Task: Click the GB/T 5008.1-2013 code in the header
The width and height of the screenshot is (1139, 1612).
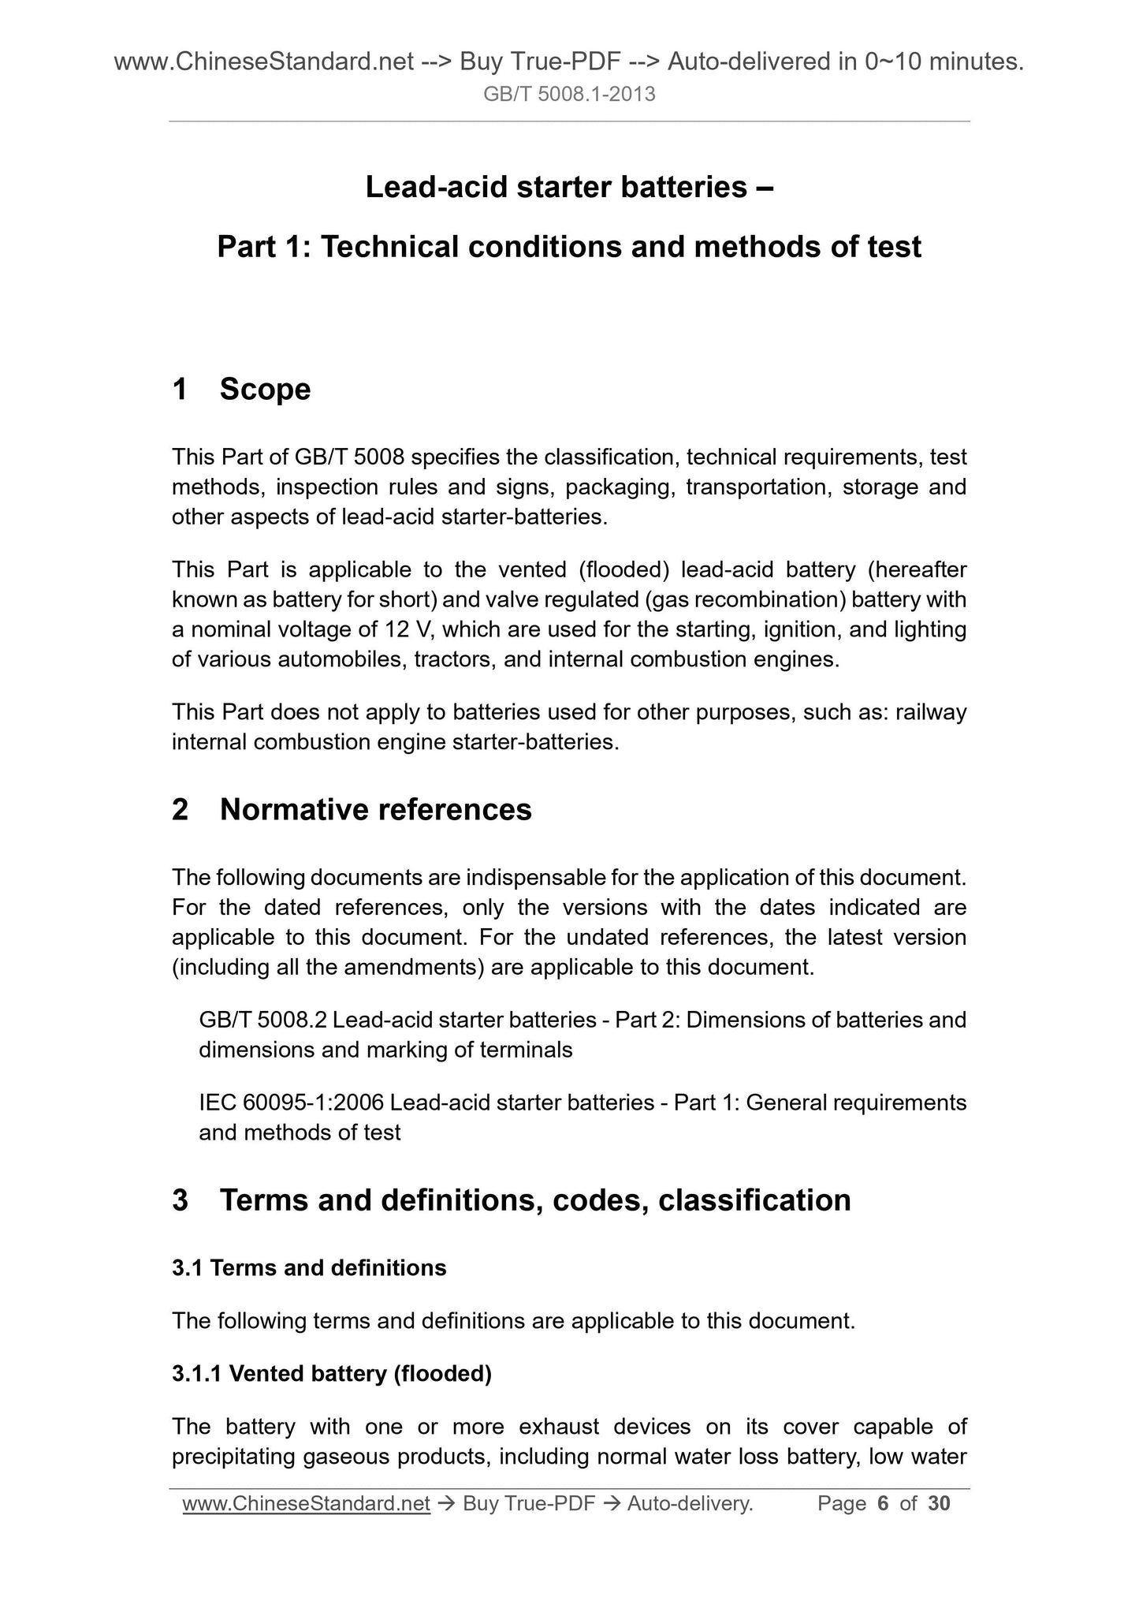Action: [x=569, y=95]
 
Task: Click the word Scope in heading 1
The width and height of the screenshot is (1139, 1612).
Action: [x=265, y=390]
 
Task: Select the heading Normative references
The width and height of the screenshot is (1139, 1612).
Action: [x=375, y=810]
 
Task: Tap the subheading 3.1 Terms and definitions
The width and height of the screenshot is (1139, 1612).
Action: [x=309, y=1268]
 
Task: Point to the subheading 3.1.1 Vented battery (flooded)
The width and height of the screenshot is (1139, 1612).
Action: [x=332, y=1374]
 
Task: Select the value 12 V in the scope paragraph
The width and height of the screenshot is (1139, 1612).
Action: [x=408, y=630]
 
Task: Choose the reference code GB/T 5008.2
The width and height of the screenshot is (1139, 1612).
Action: [x=262, y=1021]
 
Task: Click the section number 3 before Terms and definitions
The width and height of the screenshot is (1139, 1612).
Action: [x=181, y=1200]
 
